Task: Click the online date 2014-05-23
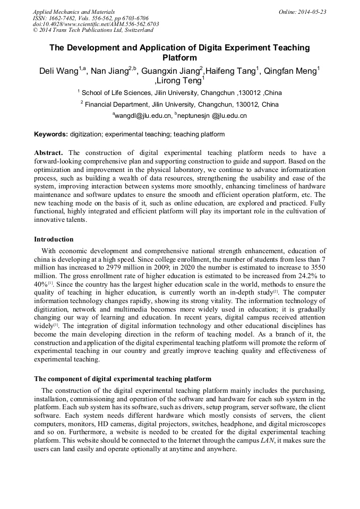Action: point(313,12)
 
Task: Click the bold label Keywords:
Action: point(51,134)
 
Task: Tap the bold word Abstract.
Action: point(49,153)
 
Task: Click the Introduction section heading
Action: point(54,239)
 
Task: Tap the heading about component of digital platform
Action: point(123,379)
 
